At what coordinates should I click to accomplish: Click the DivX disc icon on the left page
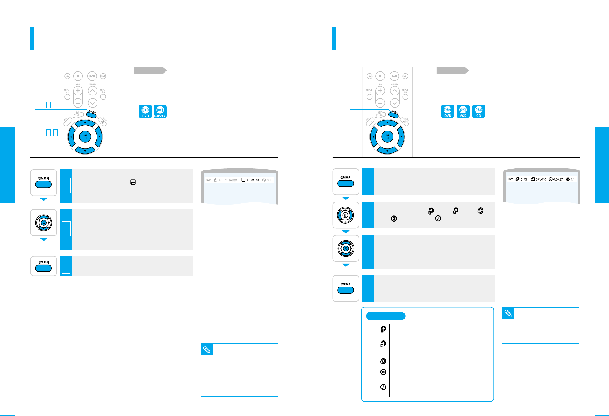pos(160,111)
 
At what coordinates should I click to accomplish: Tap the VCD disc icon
pos(463,111)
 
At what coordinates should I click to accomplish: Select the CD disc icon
pos(478,111)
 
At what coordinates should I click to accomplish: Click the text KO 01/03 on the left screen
pos(253,180)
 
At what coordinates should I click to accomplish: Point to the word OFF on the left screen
pos(269,180)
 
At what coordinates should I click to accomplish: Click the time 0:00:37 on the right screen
pos(558,179)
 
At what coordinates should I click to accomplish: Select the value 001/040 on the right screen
pos(540,179)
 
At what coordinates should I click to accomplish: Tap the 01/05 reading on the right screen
pos(524,179)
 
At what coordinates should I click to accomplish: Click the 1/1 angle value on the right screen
pos(573,179)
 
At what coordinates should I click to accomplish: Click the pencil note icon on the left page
pos(207,350)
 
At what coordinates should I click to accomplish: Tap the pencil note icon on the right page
pos(508,313)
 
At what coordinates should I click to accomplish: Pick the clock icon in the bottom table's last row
pos(383,387)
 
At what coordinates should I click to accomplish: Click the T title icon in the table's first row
pos(383,329)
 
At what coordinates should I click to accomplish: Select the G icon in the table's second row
pos(383,344)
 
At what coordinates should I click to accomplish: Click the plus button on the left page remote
pos(78,90)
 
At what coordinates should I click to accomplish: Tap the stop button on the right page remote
pos(380,76)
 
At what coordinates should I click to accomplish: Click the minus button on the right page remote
pos(380,103)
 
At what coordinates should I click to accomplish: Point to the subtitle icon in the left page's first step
pos(133,182)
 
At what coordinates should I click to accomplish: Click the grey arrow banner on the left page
pos(150,70)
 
